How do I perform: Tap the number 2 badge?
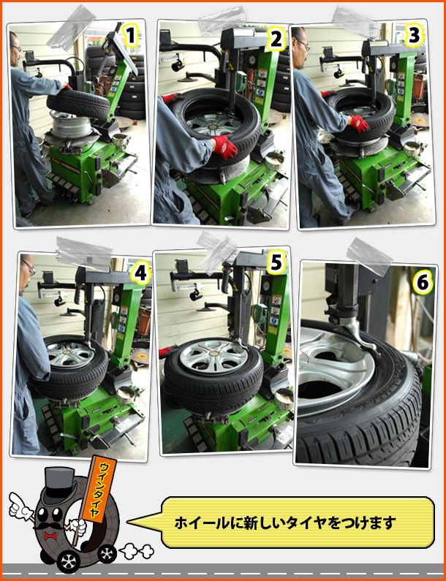tap(276, 40)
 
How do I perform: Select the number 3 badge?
tap(414, 37)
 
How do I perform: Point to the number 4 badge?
tap(140, 274)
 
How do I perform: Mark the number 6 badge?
tap(423, 284)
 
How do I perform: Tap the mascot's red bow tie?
tap(50, 536)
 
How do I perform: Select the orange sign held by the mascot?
tap(99, 490)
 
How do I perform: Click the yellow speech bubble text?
tap(285, 523)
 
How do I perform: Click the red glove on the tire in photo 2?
tap(224, 147)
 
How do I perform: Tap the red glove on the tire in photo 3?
tap(359, 124)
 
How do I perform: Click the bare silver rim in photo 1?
tap(71, 124)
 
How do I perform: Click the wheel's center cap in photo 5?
tap(213, 354)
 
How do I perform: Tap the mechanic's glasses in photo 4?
tap(29, 267)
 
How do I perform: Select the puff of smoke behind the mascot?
tap(137, 551)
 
